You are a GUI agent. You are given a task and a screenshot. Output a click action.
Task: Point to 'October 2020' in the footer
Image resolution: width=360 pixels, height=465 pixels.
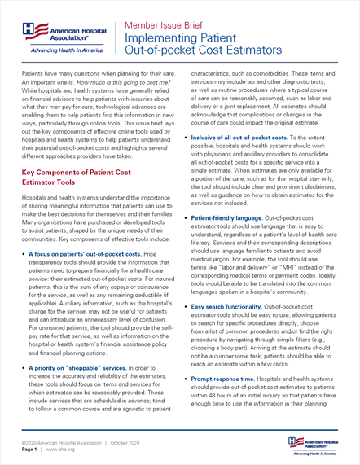[124, 440]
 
